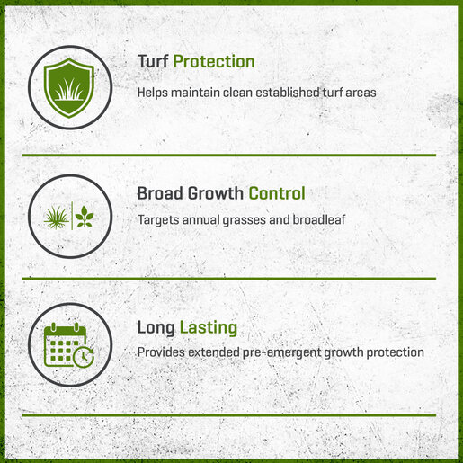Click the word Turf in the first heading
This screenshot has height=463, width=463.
pyautogui.click(x=153, y=62)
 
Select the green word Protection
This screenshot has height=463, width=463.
pyautogui.click(x=214, y=62)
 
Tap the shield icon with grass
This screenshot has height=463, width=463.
pyautogui.click(x=69, y=87)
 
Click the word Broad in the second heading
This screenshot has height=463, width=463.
pyautogui.click(x=160, y=193)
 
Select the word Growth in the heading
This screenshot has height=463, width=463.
pyautogui.click(x=216, y=194)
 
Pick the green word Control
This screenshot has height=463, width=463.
pyautogui.click(x=277, y=193)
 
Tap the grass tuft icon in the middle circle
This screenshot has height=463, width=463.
pyautogui.click(x=56, y=218)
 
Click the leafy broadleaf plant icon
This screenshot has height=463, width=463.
pyautogui.click(x=85, y=216)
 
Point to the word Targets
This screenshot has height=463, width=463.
pyautogui.click(x=158, y=220)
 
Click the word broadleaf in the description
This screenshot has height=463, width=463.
pyautogui.click(x=319, y=219)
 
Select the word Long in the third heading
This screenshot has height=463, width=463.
pyautogui.click(x=156, y=327)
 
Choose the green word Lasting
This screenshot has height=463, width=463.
pyautogui.click(x=209, y=327)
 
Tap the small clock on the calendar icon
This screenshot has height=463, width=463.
pyautogui.click(x=84, y=357)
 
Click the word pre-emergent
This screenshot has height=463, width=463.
pyautogui.click(x=281, y=352)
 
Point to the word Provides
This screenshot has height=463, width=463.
pyautogui.click(x=161, y=352)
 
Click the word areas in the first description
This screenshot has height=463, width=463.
pyautogui.click(x=361, y=93)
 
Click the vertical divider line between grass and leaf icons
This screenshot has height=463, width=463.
pyautogui.click(x=72, y=216)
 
